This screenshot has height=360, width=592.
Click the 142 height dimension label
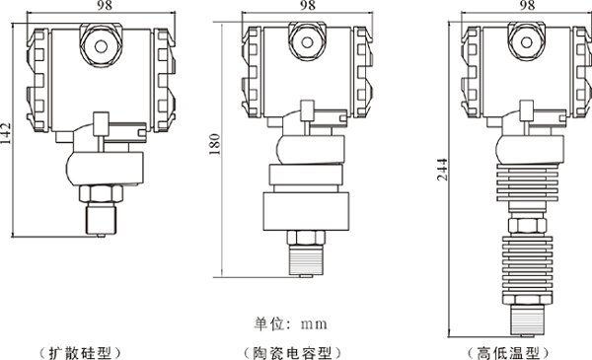[6, 133]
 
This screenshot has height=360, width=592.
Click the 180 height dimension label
[214, 144]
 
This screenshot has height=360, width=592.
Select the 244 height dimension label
[442, 170]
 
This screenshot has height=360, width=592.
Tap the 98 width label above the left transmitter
[105, 5]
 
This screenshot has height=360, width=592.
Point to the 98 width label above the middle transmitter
[307, 5]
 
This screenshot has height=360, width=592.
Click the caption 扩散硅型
[81, 353]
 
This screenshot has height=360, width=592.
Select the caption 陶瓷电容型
[292, 353]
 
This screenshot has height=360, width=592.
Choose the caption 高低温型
[508, 353]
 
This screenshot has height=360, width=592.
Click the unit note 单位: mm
[290, 324]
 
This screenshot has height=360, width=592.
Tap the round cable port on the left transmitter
[101, 46]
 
